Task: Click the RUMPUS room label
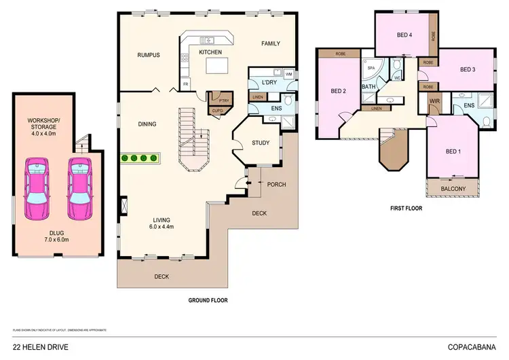148,55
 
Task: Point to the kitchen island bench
215,66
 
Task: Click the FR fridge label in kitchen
186,85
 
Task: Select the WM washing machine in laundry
288,73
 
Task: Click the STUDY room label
261,143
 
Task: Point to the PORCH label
276,184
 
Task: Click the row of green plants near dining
139,158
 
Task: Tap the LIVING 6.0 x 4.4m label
161,223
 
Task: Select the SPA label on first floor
371,69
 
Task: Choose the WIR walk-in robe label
433,103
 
